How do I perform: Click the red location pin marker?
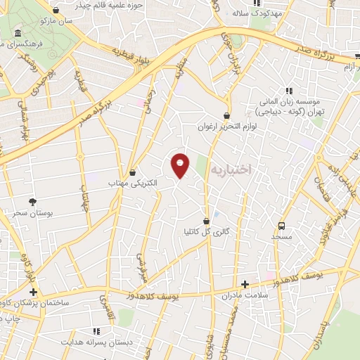click(181, 165)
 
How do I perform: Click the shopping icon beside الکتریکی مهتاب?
click(133, 172)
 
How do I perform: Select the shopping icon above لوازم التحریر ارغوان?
click(226, 115)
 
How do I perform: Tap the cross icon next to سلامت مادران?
click(245, 285)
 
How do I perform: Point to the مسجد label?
click(282, 238)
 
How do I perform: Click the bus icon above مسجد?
click(282, 226)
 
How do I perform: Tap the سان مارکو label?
click(55, 22)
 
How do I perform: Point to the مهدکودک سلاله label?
click(257, 13)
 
